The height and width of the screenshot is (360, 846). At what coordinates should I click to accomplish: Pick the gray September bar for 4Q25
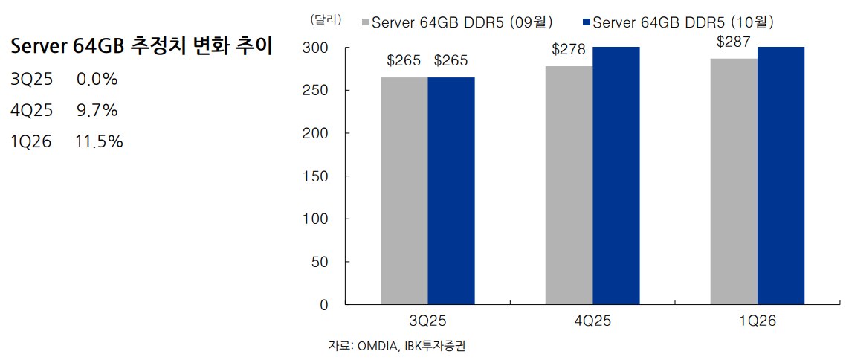point(569,185)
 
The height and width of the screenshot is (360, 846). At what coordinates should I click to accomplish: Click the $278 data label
point(569,50)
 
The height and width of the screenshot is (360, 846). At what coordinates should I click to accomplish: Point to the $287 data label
point(734,42)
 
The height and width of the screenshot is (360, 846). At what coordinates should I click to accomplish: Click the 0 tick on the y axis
point(323,305)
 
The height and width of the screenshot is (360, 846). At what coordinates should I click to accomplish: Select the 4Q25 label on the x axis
point(592,321)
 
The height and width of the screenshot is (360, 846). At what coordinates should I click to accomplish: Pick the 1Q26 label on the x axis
point(757,321)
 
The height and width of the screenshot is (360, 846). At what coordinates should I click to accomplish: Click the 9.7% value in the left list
point(97,111)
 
